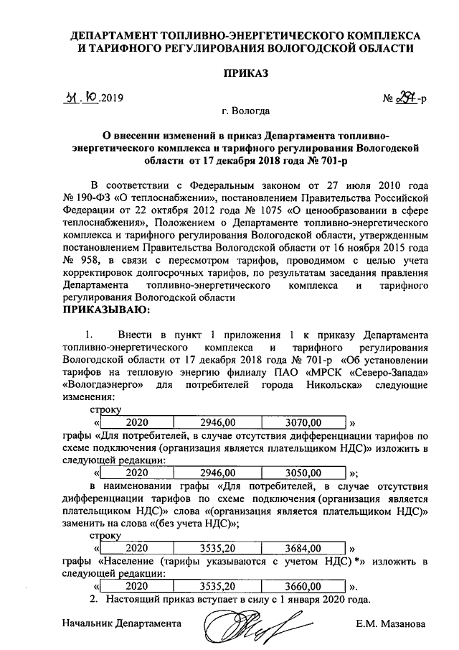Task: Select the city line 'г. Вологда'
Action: click(245, 111)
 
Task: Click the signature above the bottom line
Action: click(246, 623)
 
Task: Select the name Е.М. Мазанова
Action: click(390, 623)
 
